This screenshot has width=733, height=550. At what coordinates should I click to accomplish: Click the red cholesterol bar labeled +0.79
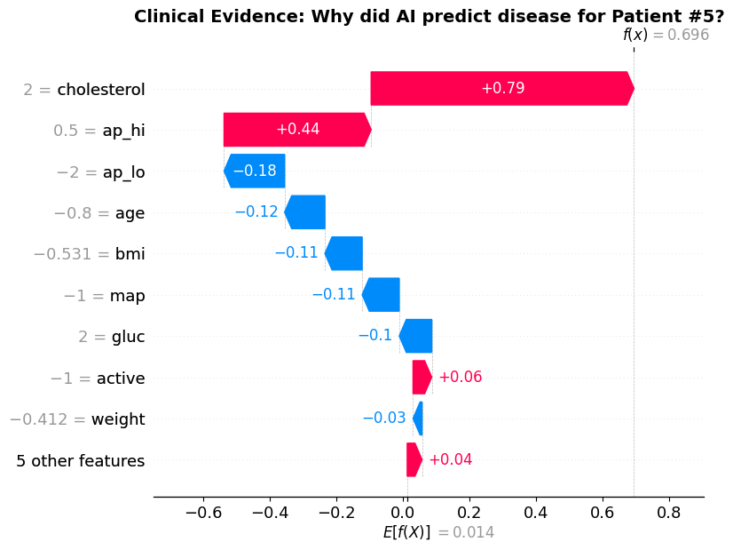[x=502, y=89]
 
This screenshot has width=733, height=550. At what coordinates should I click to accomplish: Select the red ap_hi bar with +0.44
[x=297, y=130]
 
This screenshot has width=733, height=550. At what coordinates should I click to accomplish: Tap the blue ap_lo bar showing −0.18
[x=255, y=171]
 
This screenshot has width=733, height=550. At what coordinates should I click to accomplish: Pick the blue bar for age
[x=305, y=212]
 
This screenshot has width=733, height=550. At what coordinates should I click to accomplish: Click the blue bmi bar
[x=344, y=253]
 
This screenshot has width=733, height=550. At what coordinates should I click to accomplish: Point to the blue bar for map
[x=382, y=295]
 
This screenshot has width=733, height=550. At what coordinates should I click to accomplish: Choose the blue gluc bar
[x=415, y=336]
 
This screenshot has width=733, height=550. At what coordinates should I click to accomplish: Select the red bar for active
[x=422, y=378]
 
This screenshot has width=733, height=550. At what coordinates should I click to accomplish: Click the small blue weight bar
[x=418, y=418]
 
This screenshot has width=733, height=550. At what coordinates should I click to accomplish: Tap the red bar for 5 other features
[x=414, y=459]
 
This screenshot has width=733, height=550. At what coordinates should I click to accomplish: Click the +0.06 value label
[x=460, y=378]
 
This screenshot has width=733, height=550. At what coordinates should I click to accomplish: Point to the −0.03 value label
[x=384, y=418]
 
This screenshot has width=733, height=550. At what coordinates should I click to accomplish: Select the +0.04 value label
[x=450, y=460]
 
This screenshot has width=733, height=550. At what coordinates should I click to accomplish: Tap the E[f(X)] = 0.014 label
[x=437, y=532]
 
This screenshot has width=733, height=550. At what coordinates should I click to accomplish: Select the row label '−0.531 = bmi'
[x=89, y=254]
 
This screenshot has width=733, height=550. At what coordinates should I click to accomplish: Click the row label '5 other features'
[x=81, y=460]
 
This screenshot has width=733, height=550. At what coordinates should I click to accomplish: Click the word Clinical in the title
[x=169, y=16]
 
